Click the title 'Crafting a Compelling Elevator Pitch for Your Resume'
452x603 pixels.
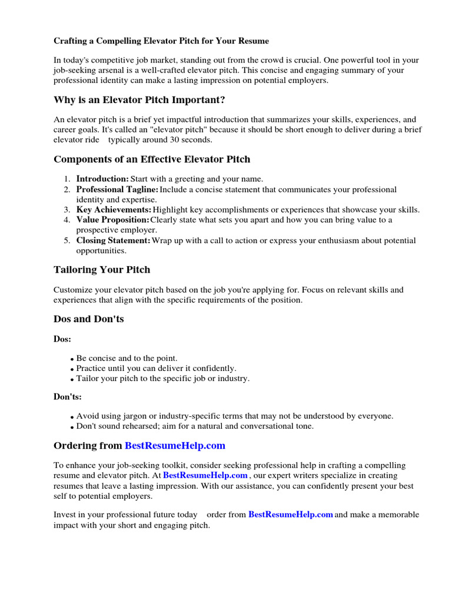[161, 41]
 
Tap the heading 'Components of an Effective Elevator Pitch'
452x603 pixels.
[152, 159]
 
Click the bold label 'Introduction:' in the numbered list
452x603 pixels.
[102, 179]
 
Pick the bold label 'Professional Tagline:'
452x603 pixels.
[117, 190]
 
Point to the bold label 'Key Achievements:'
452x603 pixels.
[114, 210]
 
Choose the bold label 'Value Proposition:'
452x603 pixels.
[112, 220]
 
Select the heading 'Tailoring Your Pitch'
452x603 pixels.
[102, 270]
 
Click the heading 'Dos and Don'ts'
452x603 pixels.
[88, 319]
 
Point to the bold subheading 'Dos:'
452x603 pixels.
[62, 339]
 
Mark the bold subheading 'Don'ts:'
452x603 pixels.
[68, 397]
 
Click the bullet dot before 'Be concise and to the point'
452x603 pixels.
[72, 359]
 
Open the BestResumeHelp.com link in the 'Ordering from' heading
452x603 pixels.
[175, 445]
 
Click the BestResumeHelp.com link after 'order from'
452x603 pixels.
[291, 515]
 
